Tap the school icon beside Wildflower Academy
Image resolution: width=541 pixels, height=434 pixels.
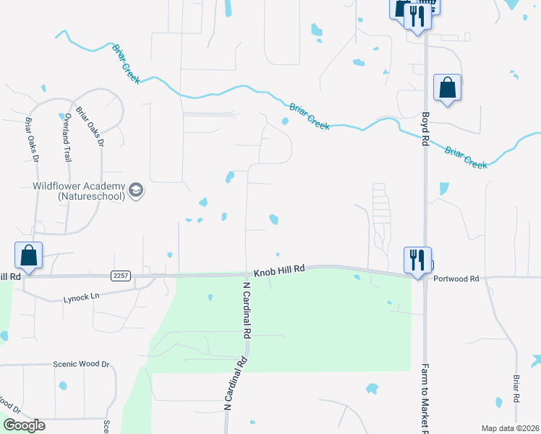(x=135, y=191)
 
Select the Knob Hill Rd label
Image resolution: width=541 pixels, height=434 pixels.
(x=279, y=269)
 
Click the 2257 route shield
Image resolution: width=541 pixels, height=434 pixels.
(x=121, y=276)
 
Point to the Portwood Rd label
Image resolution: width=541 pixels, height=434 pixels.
(x=456, y=278)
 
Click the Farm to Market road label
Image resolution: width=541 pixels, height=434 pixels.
(x=425, y=397)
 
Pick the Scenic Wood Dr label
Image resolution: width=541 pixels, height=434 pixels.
(x=80, y=365)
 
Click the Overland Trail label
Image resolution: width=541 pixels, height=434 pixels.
(x=67, y=137)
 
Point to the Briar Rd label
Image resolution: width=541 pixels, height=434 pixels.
(x=516, y=390)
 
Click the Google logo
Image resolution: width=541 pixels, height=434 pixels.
(x=24, y=425)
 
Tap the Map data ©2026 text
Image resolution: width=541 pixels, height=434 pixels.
(x=510, y=428)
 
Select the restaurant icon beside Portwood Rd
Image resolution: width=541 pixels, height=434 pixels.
(x=417, y=260)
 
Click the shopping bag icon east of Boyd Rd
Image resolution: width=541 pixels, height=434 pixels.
(x=448, y=88)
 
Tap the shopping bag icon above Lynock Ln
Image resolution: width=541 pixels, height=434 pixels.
(x=28, y=255)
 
